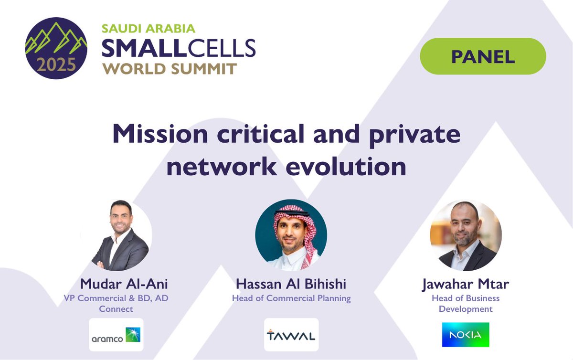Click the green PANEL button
483,56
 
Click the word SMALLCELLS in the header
179,48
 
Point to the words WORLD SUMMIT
170,68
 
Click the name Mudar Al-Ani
124,284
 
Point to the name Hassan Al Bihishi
291,284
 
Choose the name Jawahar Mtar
465,284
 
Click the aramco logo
116,335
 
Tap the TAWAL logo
291,335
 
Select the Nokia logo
465,335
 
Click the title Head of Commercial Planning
291,298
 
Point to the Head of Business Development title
465,304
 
